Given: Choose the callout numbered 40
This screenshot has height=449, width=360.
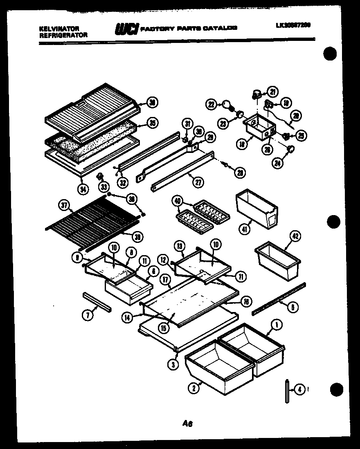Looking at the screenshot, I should pyautogui.click(x=177, y=201).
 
